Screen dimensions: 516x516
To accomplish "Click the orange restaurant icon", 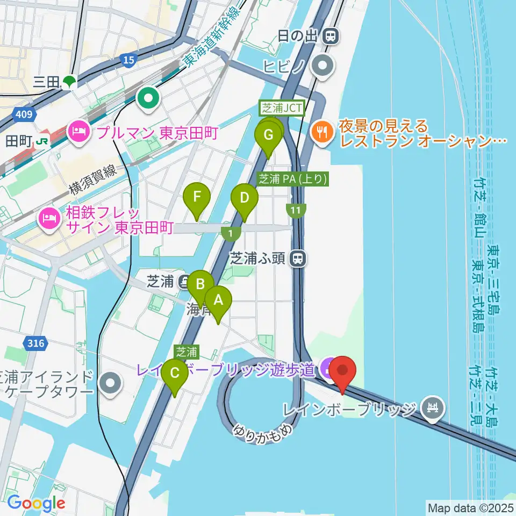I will [x=322, y=131].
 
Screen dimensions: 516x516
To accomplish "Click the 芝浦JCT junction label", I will [x=282, y=108].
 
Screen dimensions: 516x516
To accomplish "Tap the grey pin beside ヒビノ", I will [x=324, y=67].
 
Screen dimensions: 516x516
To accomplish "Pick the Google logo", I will [x=37, y=503].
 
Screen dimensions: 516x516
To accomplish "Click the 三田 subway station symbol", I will [x=69, y=82].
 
